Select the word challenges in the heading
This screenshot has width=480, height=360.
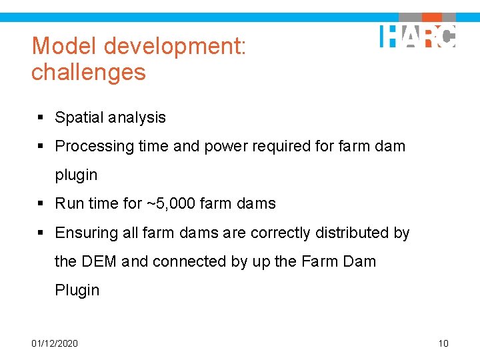(88, 72)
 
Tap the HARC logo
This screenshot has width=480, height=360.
(418, 36)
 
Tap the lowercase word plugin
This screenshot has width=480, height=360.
(76, 175)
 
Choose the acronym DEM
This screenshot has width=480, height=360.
(99, 261)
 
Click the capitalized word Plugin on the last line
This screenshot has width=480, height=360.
(77, 291)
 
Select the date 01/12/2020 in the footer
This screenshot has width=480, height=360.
(55, 343)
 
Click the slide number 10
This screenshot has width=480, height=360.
(443, 343)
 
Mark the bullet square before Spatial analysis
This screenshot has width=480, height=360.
(40, 118)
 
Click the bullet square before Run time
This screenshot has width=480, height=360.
(40, 204)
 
